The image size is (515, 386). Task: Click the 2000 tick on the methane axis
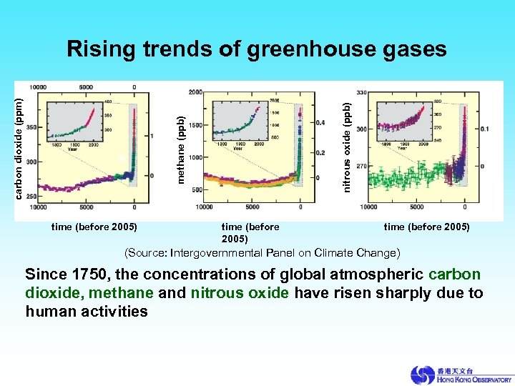[195, 93]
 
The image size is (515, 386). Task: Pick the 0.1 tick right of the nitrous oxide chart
[485, 129]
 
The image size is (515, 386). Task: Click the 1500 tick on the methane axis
[195, 125]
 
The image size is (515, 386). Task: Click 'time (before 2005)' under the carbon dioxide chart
[94, 227]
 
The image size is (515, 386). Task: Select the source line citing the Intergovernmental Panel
[263, 253]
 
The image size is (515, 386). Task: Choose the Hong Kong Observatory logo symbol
[422, 375]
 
